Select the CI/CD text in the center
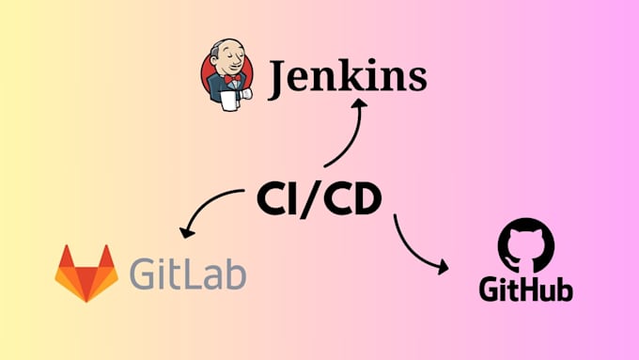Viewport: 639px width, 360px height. click(319, 200)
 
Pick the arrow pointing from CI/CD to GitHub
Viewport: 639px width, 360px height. click(417, 246)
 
